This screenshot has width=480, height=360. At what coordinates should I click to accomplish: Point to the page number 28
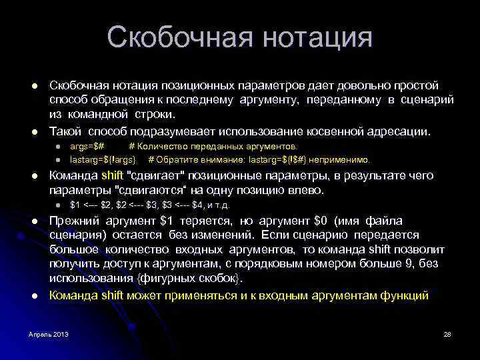pos(447,333)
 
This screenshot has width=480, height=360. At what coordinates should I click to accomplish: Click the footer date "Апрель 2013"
pos(48,333)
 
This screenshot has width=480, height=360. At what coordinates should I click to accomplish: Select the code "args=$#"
pos(87,146)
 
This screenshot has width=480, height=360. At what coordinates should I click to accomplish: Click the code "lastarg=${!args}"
pos(103,159)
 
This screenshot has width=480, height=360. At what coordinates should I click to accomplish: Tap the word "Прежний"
pos(76,221)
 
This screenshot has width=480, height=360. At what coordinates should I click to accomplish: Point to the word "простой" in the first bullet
pos(414,86)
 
